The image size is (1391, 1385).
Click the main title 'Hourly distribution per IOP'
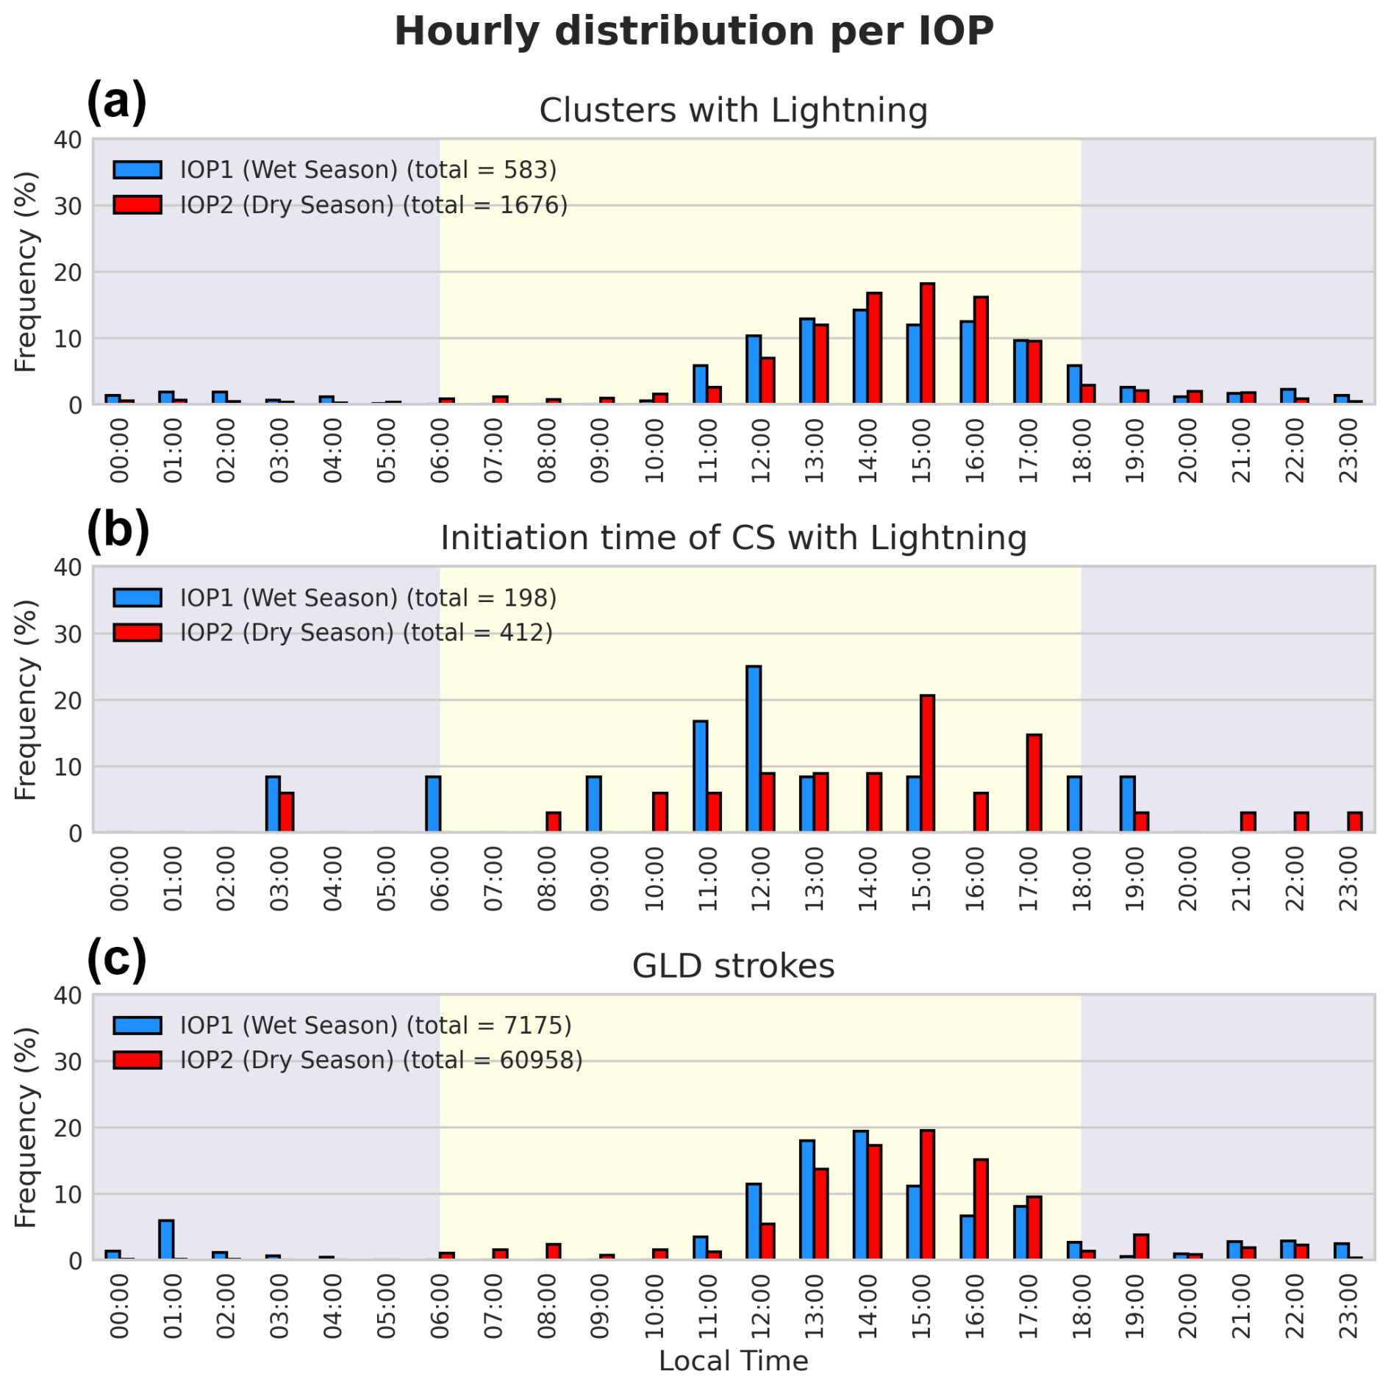tap(694, 31)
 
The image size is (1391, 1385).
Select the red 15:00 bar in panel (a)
tap(927, 343)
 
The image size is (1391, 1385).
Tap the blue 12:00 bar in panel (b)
tap(754, 749)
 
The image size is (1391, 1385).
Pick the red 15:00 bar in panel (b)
tap(927, 764)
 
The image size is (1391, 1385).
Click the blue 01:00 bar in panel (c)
tap(166, 1240)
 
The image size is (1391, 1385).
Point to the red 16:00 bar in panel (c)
tap(981, 1209)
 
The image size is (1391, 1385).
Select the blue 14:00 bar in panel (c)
tap(860, 1195)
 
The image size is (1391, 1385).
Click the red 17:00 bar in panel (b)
tap(1034, 784)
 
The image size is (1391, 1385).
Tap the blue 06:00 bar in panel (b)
tap(433, 804)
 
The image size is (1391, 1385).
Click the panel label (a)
tap(117, 101)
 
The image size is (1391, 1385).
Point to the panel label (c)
tap(117, 959)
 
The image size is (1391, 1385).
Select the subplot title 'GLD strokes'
tap(733, 966)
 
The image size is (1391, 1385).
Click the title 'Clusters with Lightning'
tap(733, 110)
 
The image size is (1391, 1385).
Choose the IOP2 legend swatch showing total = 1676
tap(137, 204)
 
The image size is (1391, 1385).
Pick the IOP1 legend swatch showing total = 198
tap(137, 598)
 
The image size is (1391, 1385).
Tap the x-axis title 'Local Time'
tap(733, 1361)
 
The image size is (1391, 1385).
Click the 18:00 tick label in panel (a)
tap(1081, 451)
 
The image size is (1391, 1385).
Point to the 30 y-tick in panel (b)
tap(68, 634)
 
